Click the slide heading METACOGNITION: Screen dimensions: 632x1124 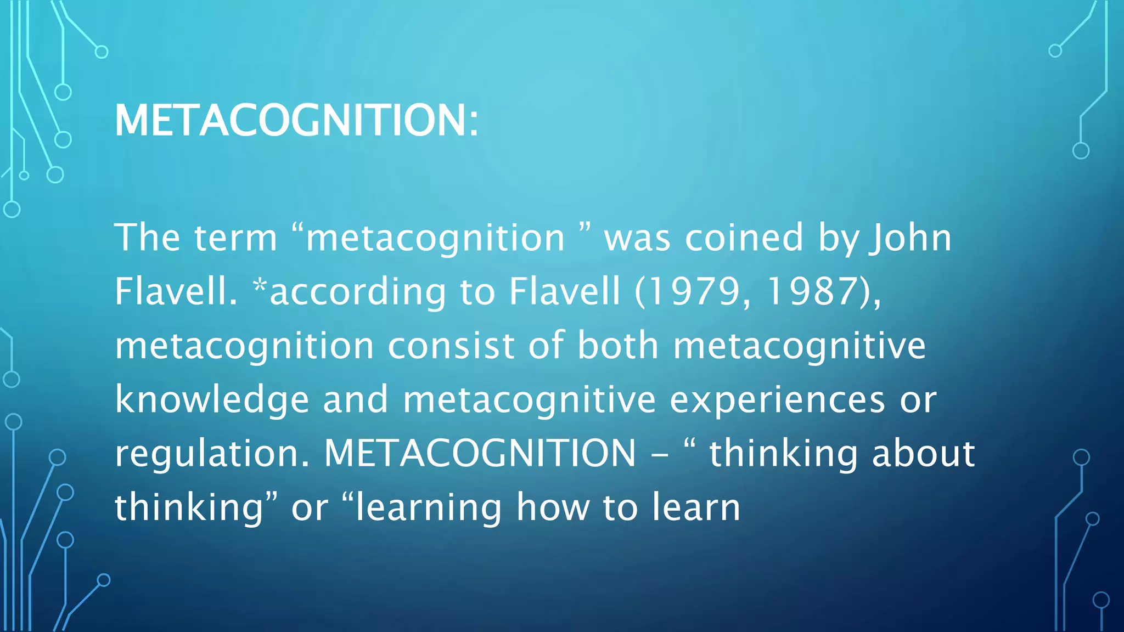tap(296, 120)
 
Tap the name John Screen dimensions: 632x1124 tap(910, 238)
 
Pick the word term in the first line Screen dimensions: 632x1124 tap(235, 238)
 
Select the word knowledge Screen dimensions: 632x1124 tap(212, 399)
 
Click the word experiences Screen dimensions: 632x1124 tap(777, 399)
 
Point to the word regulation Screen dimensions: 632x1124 tap(212, 453)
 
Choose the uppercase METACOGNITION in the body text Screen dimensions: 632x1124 tap(480, 453)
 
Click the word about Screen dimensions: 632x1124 tap(923, 453)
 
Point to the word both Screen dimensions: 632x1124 tap(617, 346)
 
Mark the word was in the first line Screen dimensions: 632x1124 tap(637, 239)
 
